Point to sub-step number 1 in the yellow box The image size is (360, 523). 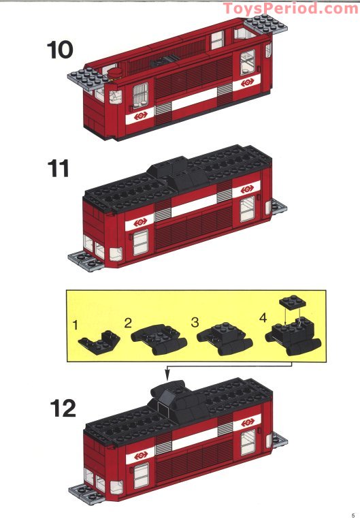pyautogui.click(x=76, y=325)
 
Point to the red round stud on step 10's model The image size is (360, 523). pyautogui.click(x=117, y=70)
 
